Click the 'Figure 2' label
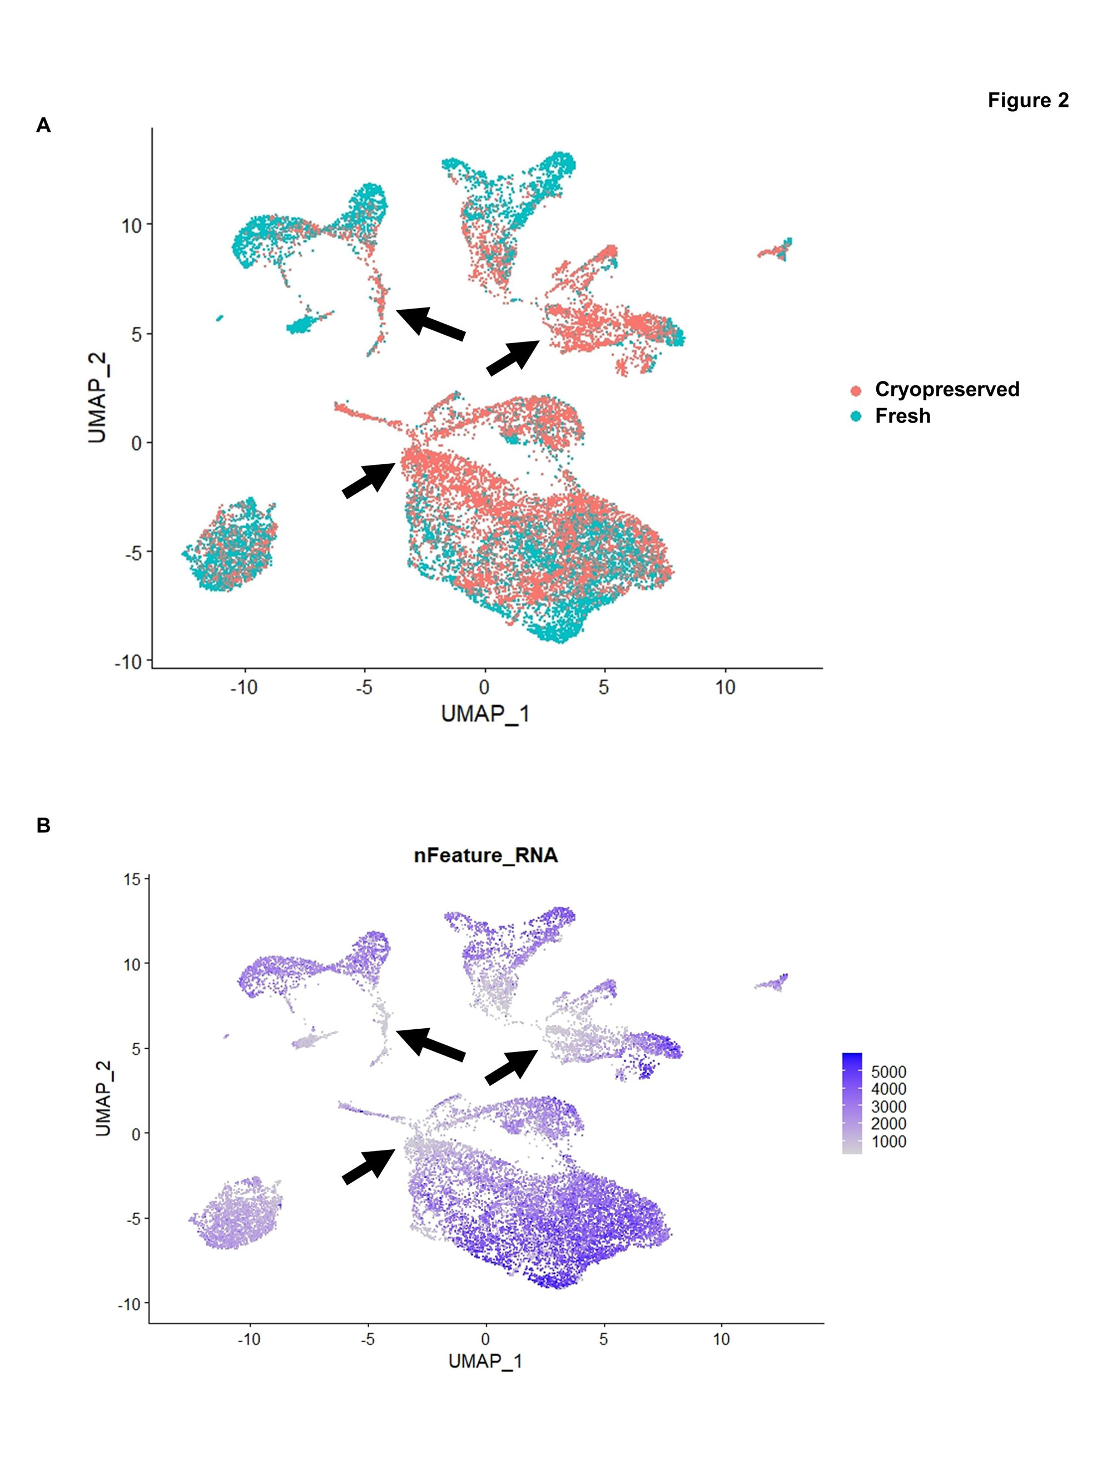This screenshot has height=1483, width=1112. tap(1027, 101)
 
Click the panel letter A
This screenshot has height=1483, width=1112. tap(43, 125)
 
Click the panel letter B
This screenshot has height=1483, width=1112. tap(43, 825)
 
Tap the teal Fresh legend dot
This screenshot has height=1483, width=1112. tap(856, 416)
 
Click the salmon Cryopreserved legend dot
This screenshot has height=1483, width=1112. tap(856, 390)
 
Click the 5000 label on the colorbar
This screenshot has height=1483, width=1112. tap(888, 1072)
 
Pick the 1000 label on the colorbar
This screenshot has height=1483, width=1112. tap(888, 1142)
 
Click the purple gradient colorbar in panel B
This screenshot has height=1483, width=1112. tap(852, 1103)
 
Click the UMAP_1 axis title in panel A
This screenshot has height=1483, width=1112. tap(485, 714)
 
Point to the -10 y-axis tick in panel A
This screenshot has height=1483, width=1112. tap(128, 662)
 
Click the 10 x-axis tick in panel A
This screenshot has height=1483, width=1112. tap(724, 687)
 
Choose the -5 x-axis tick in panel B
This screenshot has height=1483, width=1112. tap(368, 1339)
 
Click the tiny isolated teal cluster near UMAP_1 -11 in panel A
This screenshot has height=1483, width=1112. tap(219, 318)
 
